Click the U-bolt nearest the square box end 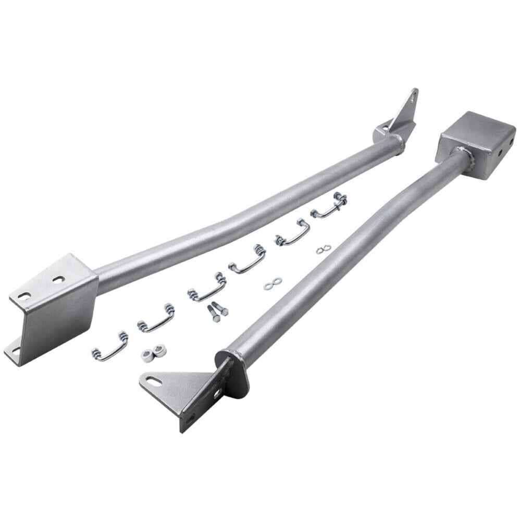329,205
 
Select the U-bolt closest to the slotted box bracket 110,347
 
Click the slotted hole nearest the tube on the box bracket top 58,279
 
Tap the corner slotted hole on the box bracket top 24,295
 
